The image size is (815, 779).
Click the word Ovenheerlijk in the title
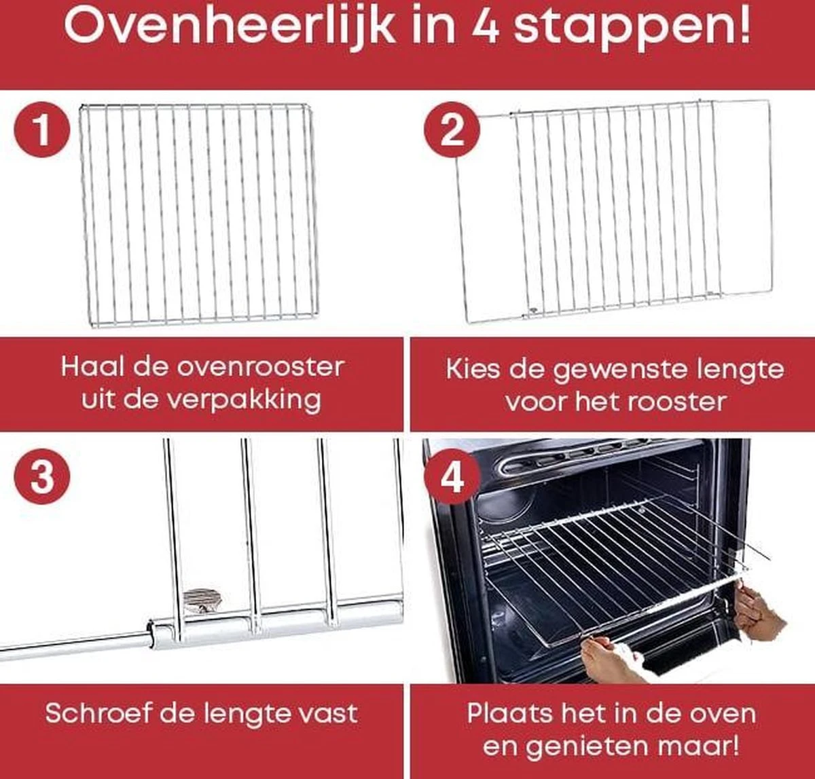pyautogui.click(x=229, y=27)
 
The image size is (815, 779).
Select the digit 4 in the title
pyautogui.click(x=484, y=27)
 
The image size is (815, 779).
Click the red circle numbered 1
pyautogui.click(x=42, y=130)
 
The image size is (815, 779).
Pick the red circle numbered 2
pyautogui.click(x=452, y=130)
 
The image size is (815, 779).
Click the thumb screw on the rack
pyautogui.click(x=201, y=600)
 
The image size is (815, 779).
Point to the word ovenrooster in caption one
pyautogui.click(x=261, y=367)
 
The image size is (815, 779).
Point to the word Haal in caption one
pyautogui.click(x=88, y=367)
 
